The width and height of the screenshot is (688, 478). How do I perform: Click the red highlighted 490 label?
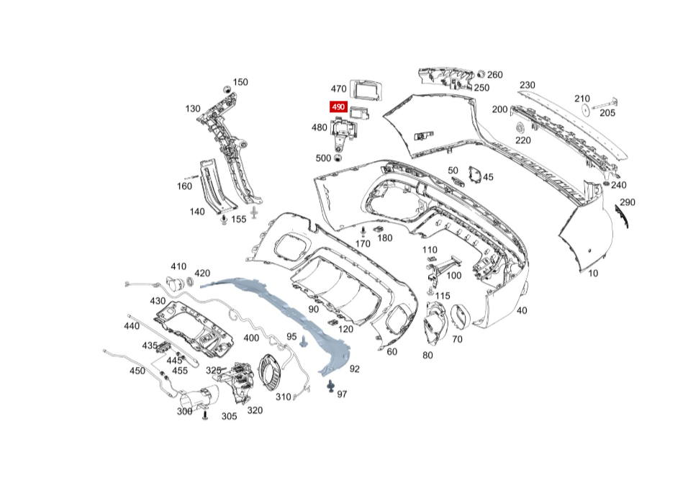[338, 107]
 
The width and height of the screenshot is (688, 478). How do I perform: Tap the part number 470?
[338, 89]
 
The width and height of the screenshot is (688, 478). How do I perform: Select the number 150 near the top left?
[240, 82]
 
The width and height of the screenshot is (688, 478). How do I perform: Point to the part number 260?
[494, 74]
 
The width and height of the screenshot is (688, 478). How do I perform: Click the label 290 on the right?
[628, 202]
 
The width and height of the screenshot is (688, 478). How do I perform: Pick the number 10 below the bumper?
[593, 274]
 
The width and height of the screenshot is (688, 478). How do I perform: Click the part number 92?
[354, 369]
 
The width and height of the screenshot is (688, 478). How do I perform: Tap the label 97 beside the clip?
[342, 394]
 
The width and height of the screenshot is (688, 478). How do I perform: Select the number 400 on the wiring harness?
[251, 338]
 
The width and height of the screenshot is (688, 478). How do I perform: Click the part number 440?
[131, 325]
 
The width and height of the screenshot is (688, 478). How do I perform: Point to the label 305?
[229, 416]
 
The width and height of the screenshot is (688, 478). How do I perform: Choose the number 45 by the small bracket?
[488, 177]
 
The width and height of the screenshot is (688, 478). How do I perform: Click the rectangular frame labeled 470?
[366, 89]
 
